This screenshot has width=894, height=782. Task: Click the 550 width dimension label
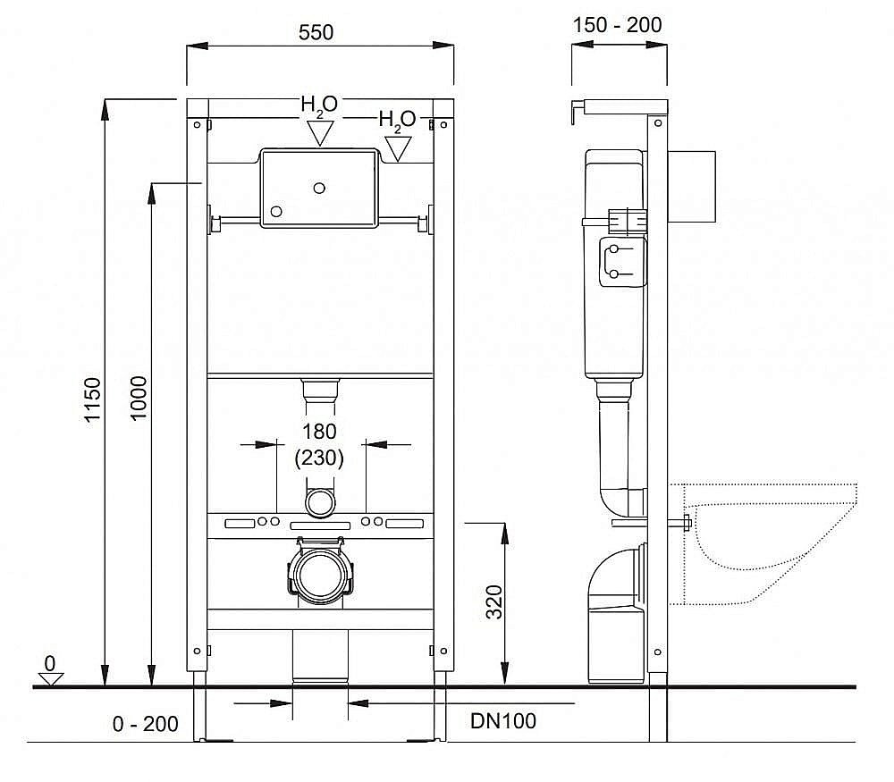point(316,32)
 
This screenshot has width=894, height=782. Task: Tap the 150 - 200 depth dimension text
point(619,25)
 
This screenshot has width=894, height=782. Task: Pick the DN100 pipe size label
point(504,720)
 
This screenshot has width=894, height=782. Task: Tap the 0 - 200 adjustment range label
point(146,724)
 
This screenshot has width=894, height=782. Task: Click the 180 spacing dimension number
point(319,432)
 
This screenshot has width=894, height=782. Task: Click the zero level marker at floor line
point(50,676)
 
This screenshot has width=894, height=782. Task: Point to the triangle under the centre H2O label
point(319,134)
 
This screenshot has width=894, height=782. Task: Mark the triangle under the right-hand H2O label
point(397,148)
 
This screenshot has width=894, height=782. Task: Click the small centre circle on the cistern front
point(319,188)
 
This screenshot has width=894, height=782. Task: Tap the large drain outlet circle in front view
point(318,576)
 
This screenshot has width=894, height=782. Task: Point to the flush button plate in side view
point(694,186)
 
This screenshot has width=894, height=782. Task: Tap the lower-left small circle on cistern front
point(276,212)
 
